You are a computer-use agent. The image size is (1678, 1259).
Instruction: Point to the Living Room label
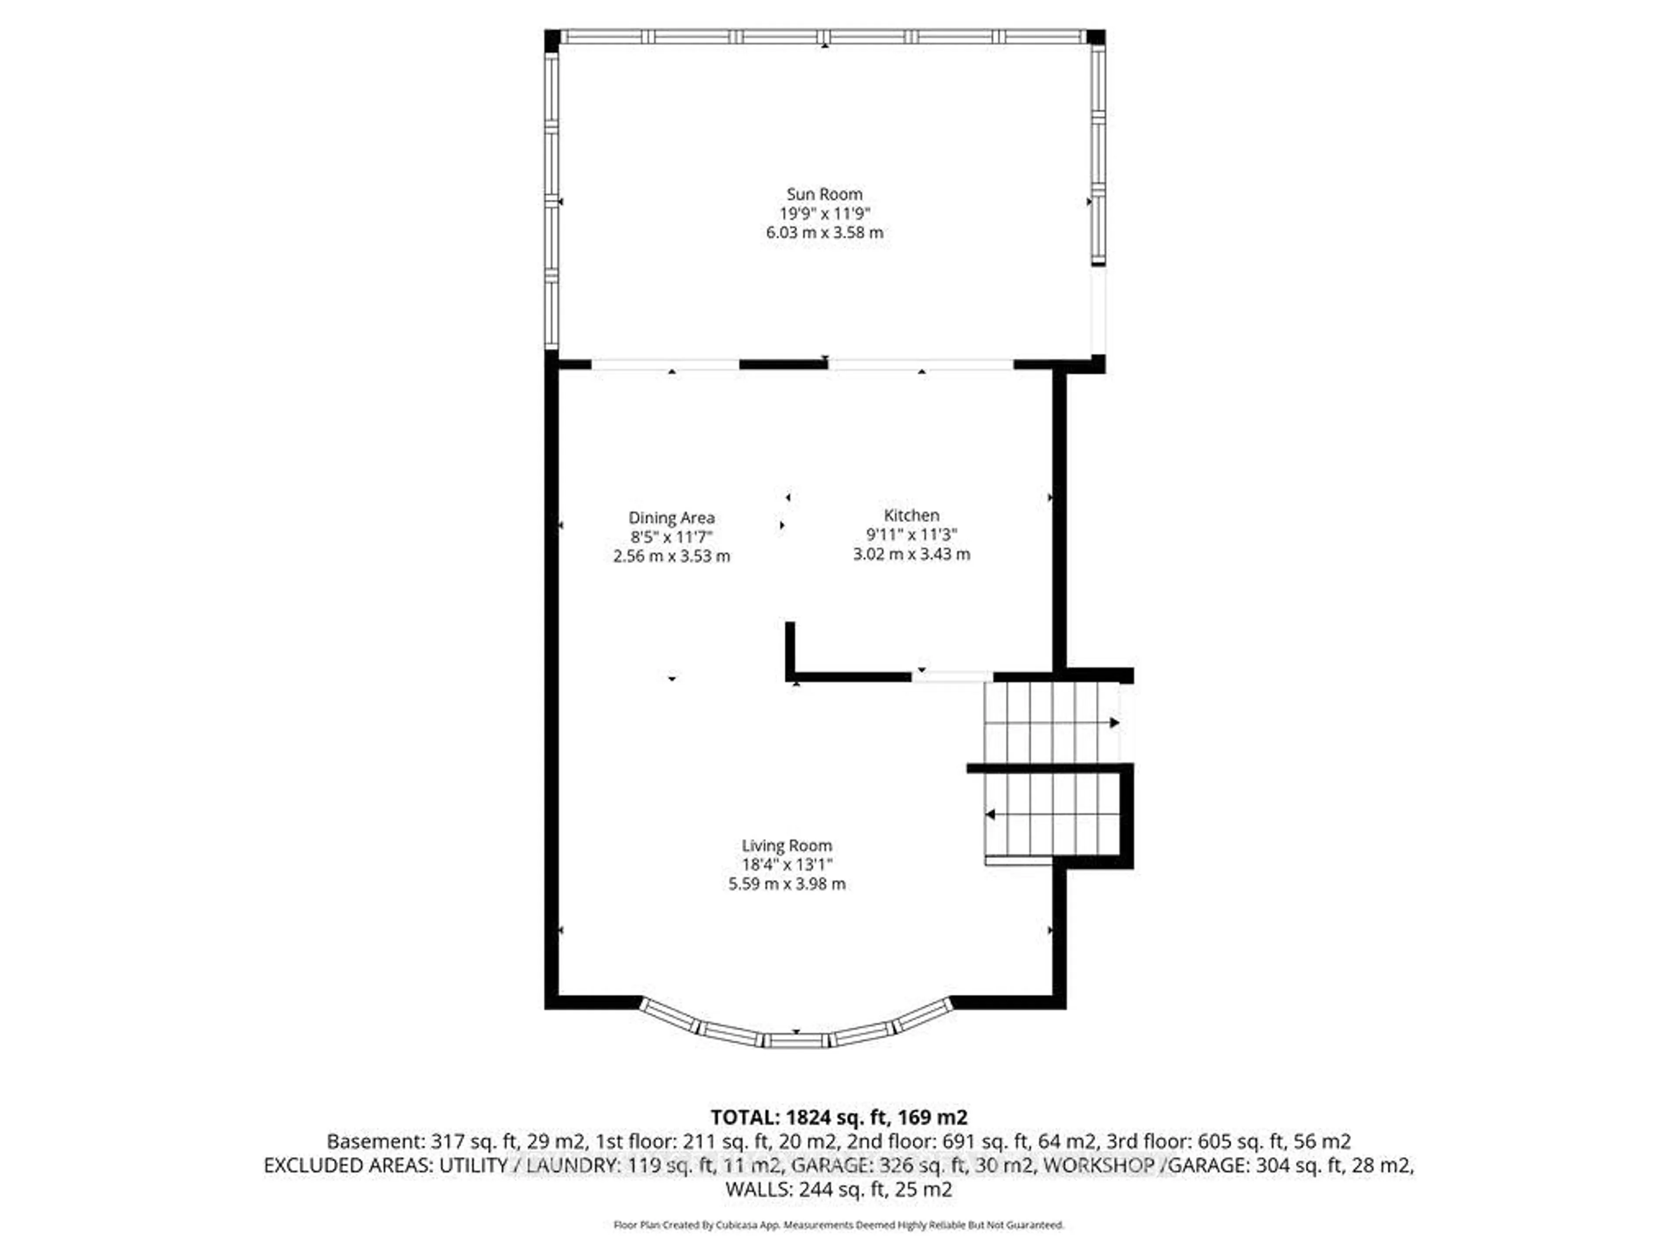[x=787, y=845]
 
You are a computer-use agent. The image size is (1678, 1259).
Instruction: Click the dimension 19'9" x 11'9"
[x=825, y=213]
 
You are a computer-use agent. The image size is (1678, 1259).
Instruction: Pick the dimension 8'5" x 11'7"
[x=671, y=536]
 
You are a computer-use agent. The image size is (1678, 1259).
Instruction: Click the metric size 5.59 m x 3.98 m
[x=787, y=884]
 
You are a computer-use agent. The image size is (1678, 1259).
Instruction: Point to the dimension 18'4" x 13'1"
[x=787, y=864]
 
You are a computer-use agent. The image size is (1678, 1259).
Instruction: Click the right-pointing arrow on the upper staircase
[x=1113, y=723]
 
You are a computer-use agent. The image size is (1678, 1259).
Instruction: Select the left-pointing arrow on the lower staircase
[x=990, y=815]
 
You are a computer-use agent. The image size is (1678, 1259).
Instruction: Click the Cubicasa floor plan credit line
[x=838, y=1225]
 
